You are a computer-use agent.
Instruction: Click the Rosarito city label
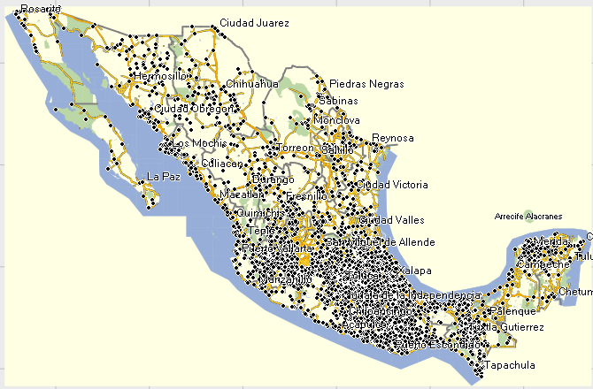coord(42,8)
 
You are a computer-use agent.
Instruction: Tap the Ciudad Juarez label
coord(254,23)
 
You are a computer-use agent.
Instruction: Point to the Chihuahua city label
coord(252,84)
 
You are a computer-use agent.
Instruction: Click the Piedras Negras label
coord(366,84)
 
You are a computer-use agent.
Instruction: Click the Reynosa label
coord(393,138)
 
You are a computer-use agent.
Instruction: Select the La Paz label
coord(165,176)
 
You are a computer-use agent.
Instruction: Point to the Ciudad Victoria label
coord(392,185)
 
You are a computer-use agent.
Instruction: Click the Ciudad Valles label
coord(391,219)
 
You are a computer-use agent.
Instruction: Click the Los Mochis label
coord(193,143)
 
